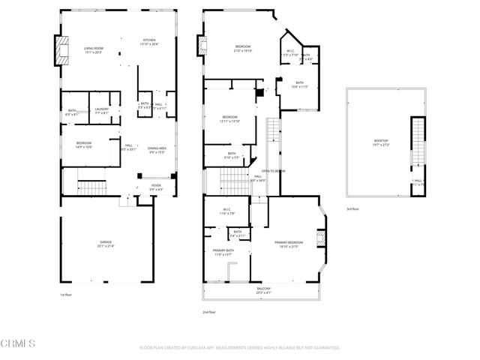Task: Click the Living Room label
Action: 93,50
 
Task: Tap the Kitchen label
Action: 148,42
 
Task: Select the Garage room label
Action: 106,244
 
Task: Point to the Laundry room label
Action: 102,111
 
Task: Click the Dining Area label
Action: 157,150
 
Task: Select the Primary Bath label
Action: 223,251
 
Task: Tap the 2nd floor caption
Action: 210,311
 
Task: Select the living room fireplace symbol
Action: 57,50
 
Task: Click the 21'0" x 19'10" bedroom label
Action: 241,50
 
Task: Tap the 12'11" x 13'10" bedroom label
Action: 229,119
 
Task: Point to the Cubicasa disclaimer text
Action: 240,347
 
